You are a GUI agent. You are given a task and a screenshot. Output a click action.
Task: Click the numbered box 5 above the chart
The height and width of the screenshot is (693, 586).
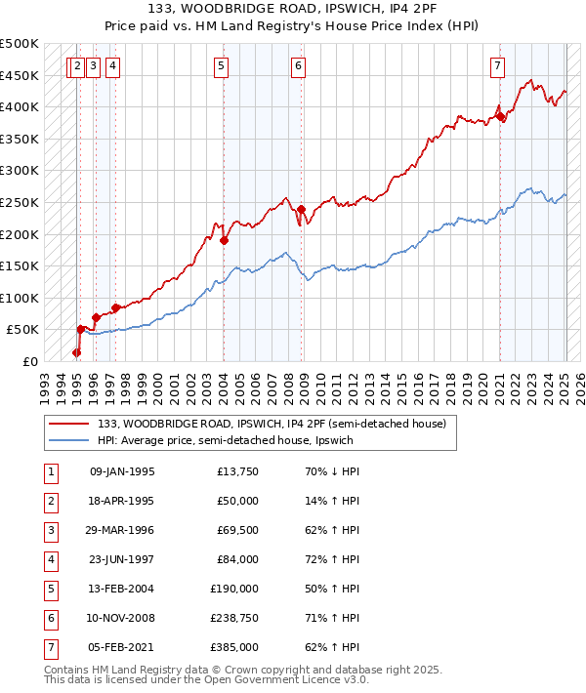221,66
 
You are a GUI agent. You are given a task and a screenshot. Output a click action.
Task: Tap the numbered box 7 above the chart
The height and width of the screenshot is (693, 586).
497,66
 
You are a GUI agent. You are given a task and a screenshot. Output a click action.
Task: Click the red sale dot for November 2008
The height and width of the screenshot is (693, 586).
302,209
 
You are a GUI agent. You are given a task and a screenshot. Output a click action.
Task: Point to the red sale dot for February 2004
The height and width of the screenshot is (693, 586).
224,240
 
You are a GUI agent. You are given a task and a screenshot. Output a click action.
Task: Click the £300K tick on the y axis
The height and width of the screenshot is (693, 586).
21,170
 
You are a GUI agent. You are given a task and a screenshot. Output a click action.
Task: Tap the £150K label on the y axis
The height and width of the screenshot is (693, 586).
21,265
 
